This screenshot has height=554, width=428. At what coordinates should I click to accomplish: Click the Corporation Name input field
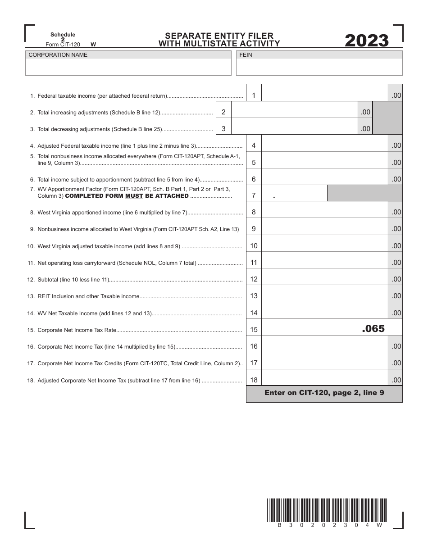[x=128, y=68]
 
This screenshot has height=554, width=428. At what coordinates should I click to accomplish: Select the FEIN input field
[x=319, y=68]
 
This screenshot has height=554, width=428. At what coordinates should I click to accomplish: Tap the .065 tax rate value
[x=373, y=329]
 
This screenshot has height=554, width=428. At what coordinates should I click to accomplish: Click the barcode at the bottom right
[x=327, y=510]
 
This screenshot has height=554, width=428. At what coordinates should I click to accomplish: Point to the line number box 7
[x=254, y=195]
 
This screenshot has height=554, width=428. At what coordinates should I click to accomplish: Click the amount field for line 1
[x=324, y=95]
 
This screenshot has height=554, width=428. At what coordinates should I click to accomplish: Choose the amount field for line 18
[x=324, y=380]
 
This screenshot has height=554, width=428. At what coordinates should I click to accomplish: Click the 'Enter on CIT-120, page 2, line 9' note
[x=324, y=393]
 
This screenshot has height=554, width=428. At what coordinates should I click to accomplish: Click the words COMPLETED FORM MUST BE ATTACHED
[x=127, y=196]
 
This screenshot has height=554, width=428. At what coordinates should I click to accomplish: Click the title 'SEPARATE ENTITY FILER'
[x=219, y=36]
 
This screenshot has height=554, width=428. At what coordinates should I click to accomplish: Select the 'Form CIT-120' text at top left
[x=63, y=45]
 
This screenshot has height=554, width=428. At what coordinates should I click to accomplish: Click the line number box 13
[x=254, y=296]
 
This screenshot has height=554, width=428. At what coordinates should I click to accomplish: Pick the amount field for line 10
[x=324, y=246]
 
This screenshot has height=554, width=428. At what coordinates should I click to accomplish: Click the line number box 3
[x=223, y=129]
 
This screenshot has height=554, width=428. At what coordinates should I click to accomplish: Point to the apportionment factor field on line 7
[x=294, y=195]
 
